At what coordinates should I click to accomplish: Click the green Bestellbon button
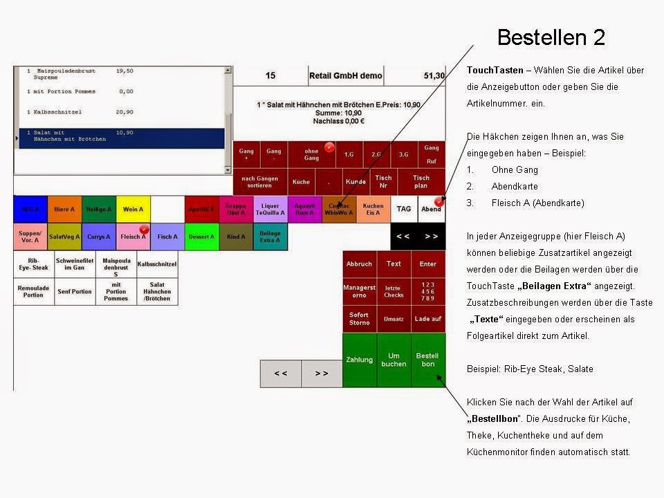428,360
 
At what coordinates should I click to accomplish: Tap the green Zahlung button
360,360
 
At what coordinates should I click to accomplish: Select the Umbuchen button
394,360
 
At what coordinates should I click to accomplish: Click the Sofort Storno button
359,319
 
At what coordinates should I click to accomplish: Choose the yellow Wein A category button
133,209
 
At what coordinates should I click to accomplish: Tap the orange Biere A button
64,209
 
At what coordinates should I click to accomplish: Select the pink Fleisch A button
133,237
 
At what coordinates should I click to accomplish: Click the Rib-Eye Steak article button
33,264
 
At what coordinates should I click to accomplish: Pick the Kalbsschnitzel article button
157,264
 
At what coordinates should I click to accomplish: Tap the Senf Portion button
75,292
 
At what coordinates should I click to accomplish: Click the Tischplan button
421,181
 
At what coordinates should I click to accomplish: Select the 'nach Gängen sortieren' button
259,181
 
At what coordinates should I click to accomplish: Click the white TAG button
403,209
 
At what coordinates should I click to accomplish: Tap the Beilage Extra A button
270,237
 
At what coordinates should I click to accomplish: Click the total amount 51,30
434,75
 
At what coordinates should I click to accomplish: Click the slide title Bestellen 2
551,37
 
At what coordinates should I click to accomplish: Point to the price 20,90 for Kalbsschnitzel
124,112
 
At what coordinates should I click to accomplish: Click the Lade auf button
428,319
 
